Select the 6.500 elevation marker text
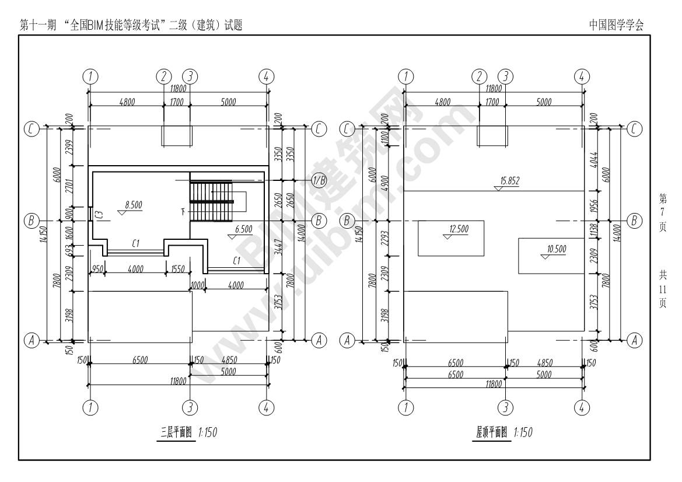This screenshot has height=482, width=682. [243, 230]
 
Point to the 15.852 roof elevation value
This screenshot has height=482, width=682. [509, 181]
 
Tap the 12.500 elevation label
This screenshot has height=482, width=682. [459, 229]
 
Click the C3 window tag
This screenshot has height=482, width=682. [100, 215]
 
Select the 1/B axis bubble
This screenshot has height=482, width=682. [319, 179]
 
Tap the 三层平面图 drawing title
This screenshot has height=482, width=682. [176, 433]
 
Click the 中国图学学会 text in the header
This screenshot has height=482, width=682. [617, 25]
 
